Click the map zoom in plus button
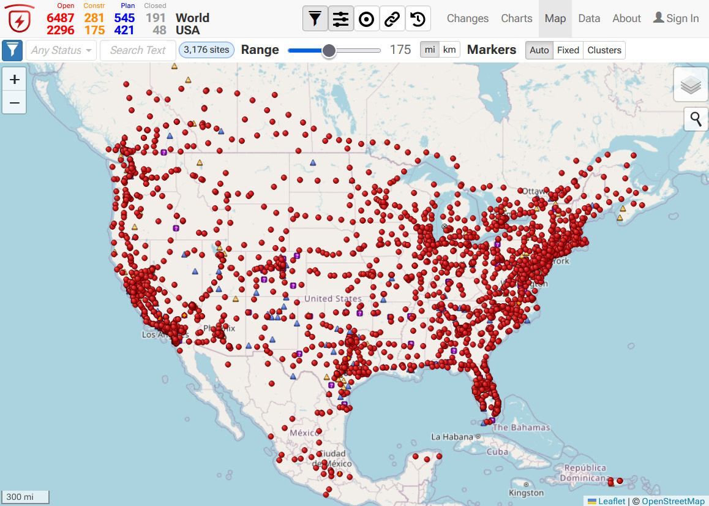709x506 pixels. [14, 79]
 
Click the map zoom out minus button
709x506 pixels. [14, 102]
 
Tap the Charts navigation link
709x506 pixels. [516, 18]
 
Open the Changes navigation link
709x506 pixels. [468, 18]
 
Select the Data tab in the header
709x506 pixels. [589, 18]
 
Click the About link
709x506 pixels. [626, 18]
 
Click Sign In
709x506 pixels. [676, 18]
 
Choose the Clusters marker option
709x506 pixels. [604, 50]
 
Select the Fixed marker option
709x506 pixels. [568, 50]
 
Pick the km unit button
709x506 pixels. [449, 50]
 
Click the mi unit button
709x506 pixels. [430, 50]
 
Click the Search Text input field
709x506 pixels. [138, 50]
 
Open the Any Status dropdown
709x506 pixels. [61, 50]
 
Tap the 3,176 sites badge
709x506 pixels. [206, 50]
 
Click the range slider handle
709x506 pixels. [329, 50]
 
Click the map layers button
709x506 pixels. [691, 86]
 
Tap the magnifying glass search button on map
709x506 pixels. [696, 119]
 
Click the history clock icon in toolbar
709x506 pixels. [418, 19]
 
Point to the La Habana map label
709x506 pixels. [452, 437]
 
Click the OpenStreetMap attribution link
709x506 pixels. [673, 501]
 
